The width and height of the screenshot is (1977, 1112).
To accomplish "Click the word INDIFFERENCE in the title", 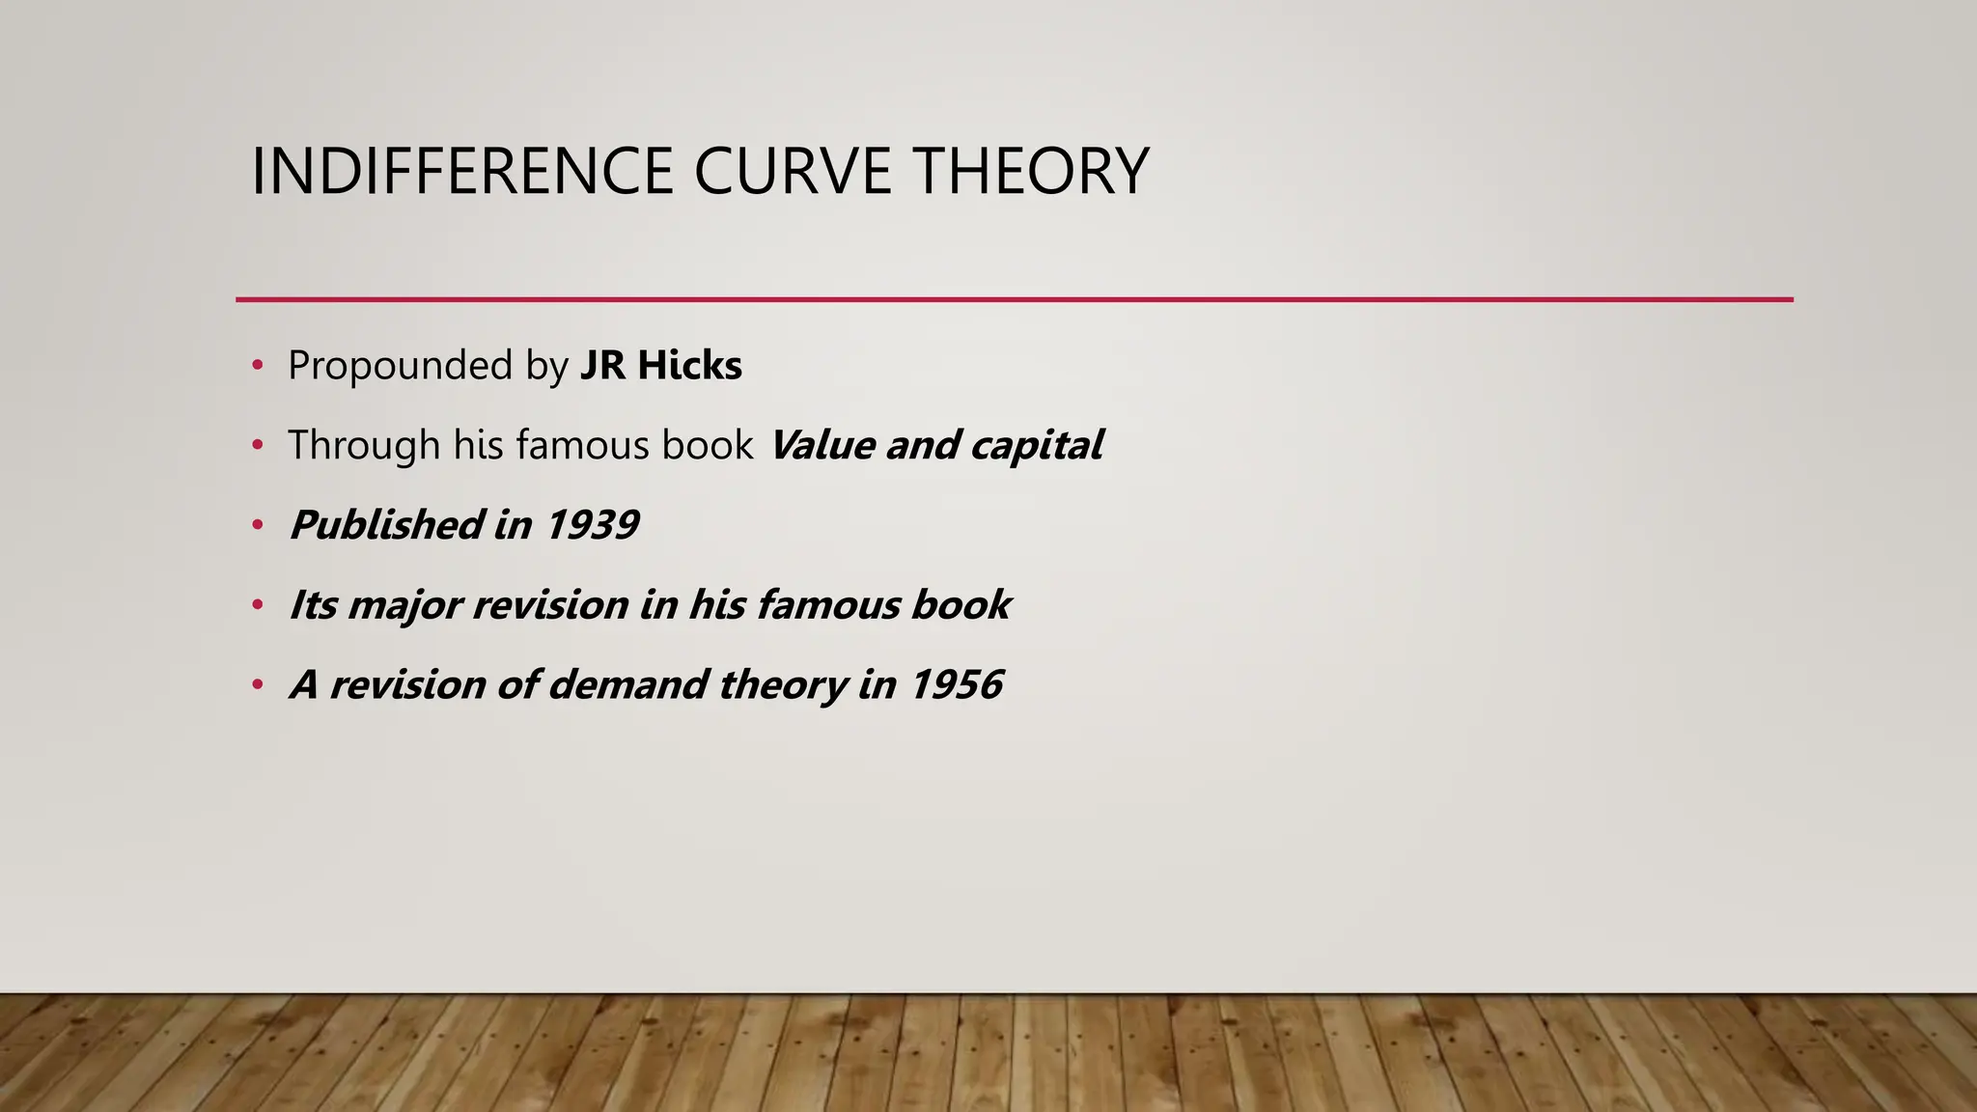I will point(461,171).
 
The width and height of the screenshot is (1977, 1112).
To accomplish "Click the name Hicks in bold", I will point(689,366).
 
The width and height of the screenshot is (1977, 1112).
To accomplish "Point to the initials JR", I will point(602,366).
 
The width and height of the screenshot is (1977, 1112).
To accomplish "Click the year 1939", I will point(591,525).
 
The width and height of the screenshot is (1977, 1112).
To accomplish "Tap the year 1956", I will point(956,684).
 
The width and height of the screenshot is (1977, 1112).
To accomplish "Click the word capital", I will point(1036,445).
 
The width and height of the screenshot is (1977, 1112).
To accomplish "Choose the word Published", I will point(386,525).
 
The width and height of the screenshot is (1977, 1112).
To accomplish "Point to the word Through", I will point(364,445).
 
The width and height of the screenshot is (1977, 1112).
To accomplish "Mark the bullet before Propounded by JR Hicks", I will point(257,366).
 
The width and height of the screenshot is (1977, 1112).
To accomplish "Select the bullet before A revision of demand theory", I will point(257,685).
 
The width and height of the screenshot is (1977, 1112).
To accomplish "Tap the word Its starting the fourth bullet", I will point(313,605).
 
